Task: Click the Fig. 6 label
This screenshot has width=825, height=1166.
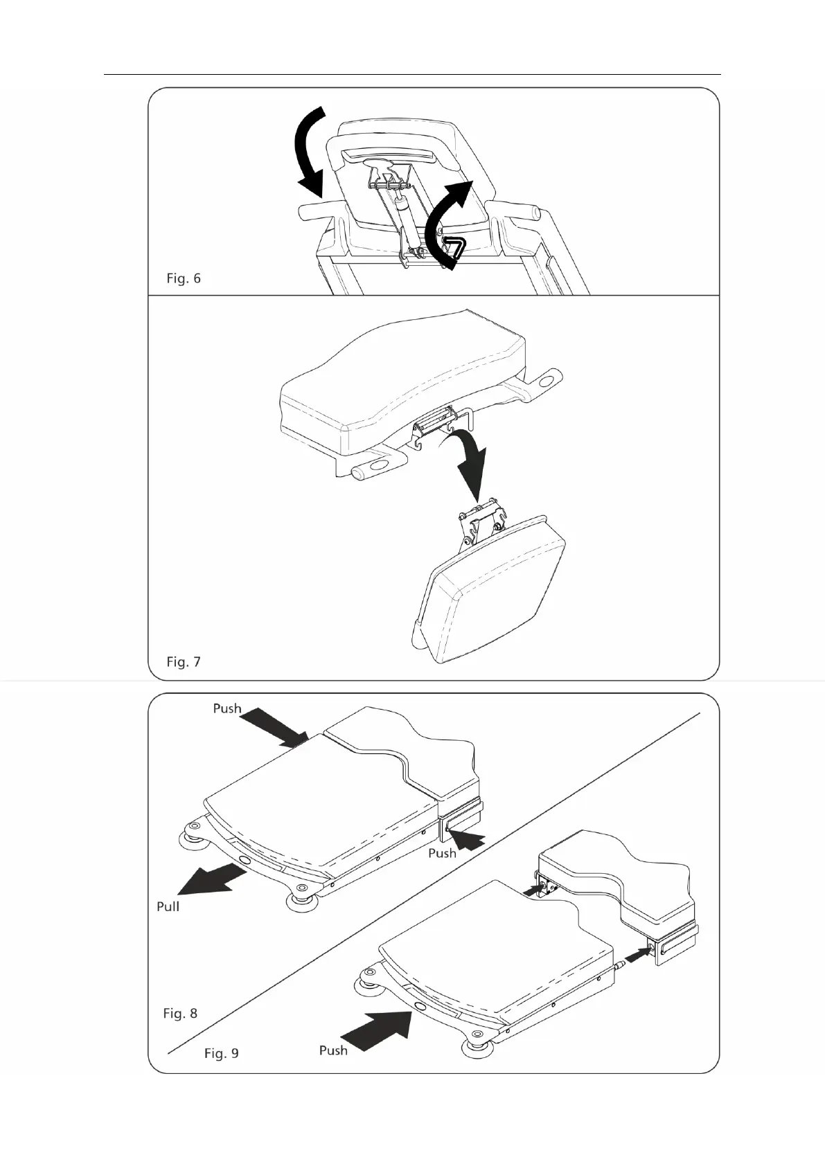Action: [184, 278]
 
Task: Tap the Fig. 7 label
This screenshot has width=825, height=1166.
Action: [184, 662]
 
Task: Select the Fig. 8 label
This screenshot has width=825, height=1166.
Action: [180, 1013]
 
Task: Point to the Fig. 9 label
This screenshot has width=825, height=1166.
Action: [222, 1053]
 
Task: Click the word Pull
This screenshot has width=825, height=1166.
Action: [168, 906]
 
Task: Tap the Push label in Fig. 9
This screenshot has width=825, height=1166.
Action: [333, 1050]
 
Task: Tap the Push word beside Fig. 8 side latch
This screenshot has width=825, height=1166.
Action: [442, 853]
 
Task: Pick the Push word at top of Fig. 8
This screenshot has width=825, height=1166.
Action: [227, 708]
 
